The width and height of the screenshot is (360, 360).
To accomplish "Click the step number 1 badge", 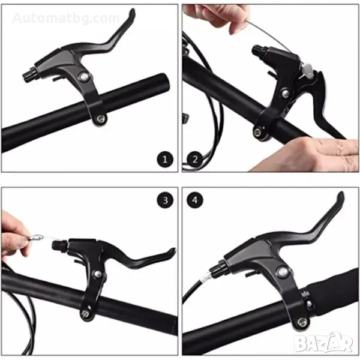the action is click(x=165, y=160).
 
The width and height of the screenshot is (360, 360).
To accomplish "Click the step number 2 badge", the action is click(x=195, y=159).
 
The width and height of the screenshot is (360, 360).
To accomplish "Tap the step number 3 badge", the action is click(x=165, y=200).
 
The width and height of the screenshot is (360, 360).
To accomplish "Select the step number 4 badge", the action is click(x=195, y=200).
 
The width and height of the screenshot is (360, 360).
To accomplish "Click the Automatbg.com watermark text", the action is click(x=66, y=18).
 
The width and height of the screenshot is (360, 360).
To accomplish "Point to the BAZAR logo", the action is click(x=324, y=343).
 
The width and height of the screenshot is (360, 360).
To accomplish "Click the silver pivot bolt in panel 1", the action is click(x=83, y=77).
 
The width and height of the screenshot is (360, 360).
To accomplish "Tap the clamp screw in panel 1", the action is click(x=101, y=119).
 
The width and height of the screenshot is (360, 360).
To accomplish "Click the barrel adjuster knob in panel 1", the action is click(x=30, y=74).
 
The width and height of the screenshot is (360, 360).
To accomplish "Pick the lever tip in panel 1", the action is click(x=132, y=13).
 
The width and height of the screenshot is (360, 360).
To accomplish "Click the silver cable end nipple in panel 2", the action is click(x=307, y=70).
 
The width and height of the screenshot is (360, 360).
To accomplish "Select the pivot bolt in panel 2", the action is click(x=285, y=94).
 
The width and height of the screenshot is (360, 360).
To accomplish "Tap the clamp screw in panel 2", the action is click(x=257, y=132).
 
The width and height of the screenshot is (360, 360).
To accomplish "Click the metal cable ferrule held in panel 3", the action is click(x=35, y=237).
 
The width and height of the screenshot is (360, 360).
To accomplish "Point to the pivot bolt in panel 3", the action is click(x=98, y=274).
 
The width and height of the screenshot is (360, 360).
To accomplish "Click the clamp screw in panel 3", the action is click(x=85, y=313).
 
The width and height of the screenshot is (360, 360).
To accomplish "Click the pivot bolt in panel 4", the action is click(x=283, y=272).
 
